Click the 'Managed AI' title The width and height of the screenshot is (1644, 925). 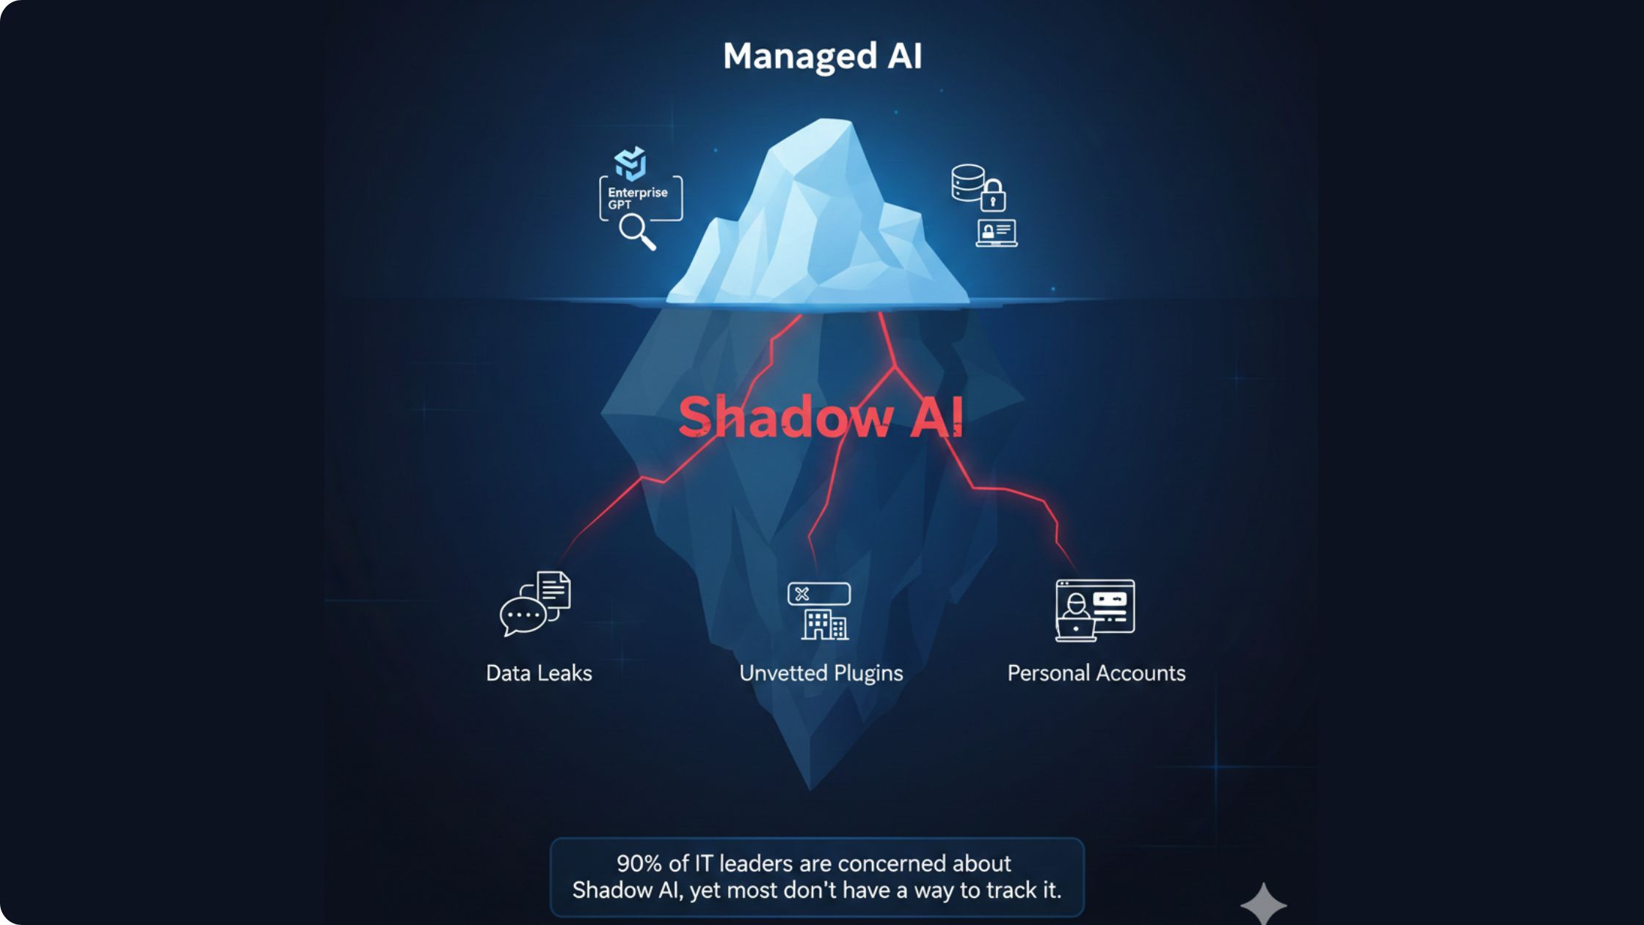click(x=822, y=57)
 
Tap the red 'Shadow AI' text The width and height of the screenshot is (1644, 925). click(x=821, y=416)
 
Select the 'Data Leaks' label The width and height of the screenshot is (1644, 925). click(x=539, y=673)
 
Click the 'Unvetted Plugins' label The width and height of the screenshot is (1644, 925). click(x=821, y=674)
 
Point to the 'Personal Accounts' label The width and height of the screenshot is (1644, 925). click(x=1096, y=673)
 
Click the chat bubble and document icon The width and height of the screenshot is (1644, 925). click(x=535, y=603)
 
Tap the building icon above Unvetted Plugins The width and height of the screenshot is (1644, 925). click(x=824, y=624)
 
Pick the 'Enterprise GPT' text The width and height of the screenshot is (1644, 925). click(x=637, y=198)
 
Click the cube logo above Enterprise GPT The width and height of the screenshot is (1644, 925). click(x=630, y=163)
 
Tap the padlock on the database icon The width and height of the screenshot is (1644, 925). click(x=993, y=196)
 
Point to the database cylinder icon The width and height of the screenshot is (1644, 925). click(x=968, y=182)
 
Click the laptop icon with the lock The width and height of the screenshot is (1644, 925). click(x=997, y=233)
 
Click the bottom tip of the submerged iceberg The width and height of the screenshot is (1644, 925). click(x=810, y=789)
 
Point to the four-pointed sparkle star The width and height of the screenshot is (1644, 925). click(x=1263, y=904)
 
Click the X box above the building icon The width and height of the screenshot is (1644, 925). click(x=819, y=594)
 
